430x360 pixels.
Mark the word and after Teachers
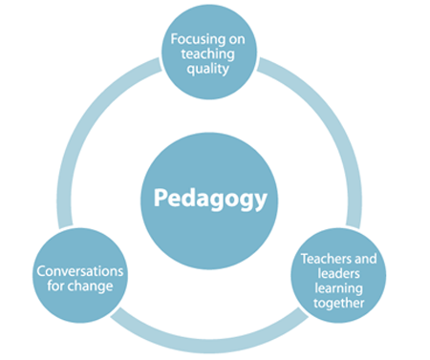[365, 258]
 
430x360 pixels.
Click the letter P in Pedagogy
[162, 196]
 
